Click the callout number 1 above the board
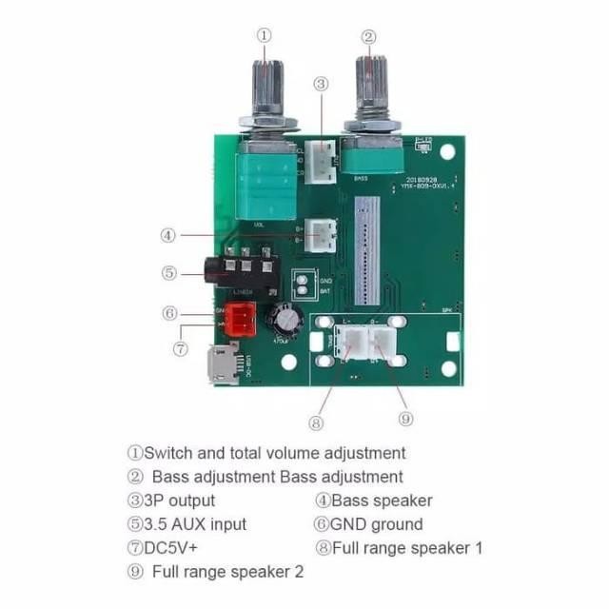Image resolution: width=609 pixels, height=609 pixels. tap(265, 35)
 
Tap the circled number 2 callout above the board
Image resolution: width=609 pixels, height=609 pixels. tap(368, 37)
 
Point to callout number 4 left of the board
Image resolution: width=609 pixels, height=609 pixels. tap(167, 234)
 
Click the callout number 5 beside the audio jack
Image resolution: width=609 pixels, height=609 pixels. tap(168, 272)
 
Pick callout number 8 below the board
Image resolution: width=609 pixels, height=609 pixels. tap(316, 422)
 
